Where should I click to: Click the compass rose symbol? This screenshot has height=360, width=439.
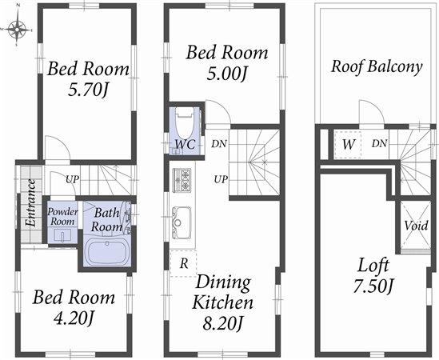coord(18,30)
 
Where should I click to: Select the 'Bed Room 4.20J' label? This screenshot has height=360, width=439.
coord(74,308)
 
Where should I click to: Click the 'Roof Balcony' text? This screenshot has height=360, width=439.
coord(377,66)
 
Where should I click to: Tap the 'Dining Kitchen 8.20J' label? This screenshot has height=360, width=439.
coord(222,303)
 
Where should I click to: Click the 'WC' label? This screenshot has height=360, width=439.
coord(184,145)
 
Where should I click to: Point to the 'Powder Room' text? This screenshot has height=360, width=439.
coord(62,216)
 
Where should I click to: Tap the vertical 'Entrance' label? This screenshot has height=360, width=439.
coord(30,203)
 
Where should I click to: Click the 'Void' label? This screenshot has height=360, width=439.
coord(415,226)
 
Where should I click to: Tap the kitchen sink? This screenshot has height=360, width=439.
coord(181,218)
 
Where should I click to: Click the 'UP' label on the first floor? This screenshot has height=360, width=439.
coord(72,179)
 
